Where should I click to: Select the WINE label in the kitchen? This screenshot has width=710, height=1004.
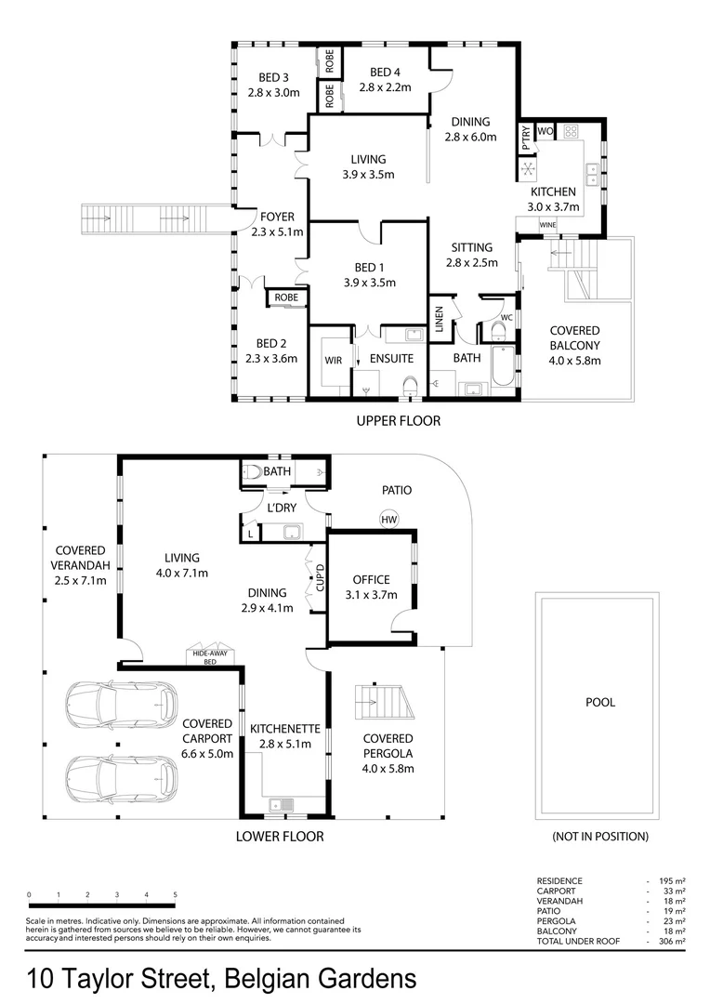(547, 225)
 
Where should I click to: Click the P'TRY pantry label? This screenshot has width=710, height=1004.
(525, 139)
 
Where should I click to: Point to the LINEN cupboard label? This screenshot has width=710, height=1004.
(438, 319)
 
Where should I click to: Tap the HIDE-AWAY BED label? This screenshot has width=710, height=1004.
(211, 656)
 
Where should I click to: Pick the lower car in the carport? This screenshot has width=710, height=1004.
(121, 773)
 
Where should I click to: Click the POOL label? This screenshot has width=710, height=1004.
(599, 703)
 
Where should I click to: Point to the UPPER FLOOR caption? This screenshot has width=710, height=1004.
(399, 421)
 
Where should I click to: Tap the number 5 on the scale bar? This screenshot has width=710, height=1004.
(175, 894)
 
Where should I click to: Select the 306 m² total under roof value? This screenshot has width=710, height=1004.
(672, 942)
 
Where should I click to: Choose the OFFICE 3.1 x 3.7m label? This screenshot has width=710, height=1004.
(371, 588)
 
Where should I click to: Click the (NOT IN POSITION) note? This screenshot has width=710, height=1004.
(599, 837)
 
